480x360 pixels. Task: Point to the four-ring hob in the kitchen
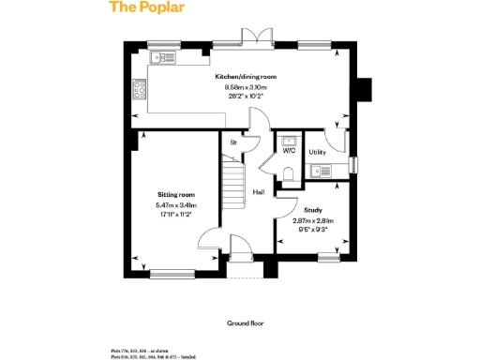140,90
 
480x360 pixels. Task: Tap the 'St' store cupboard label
232,142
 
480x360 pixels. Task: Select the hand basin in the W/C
290,142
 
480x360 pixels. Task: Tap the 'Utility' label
317,151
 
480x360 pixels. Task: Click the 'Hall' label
258,192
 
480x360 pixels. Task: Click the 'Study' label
313,211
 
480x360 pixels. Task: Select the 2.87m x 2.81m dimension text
313,220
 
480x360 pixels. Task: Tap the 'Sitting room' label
175,195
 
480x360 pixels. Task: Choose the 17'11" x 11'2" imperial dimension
175,214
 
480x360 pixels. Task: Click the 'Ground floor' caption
246,322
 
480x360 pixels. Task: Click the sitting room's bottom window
171,275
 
